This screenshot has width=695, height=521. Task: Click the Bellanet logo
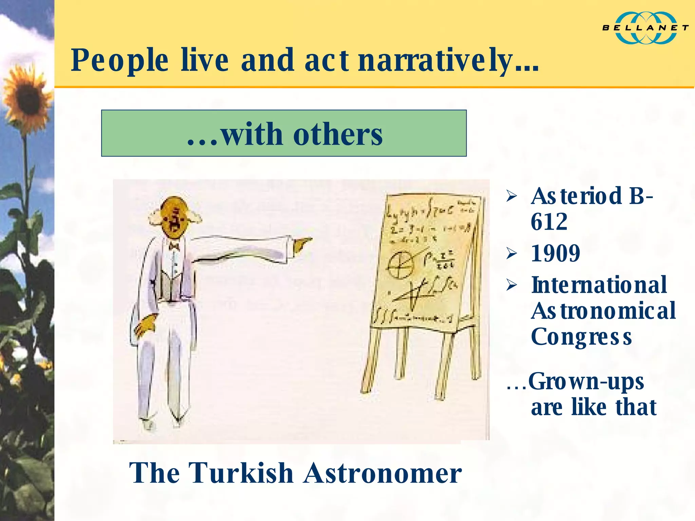click(645, 28)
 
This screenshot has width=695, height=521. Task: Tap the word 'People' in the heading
click(119, 61)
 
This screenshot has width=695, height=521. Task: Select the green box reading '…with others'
click(284, 133)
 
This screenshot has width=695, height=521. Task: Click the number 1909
click(556, 254)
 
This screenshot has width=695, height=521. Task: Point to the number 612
click(549, 222)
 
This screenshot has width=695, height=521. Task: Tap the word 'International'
click(599, 285)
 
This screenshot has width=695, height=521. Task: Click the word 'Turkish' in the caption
click(241, 473)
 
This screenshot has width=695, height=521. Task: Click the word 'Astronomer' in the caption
click(382, 473)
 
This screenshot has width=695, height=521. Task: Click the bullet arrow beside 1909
click(511, 253)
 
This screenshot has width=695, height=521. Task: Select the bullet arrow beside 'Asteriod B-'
click(511, 196)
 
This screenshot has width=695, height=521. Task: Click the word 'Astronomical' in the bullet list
click(603, 311)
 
